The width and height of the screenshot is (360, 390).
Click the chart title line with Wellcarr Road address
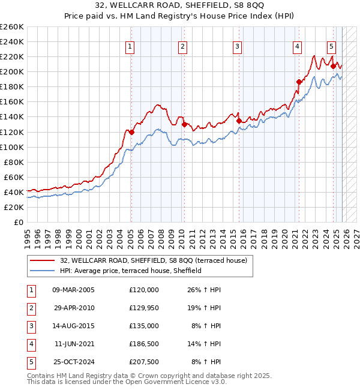tap(179, 7)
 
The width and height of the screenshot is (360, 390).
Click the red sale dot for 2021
tap(298, 82)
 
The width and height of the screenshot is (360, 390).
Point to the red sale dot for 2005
tap(131, 132)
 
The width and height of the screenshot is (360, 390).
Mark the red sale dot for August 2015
tap(239, 121)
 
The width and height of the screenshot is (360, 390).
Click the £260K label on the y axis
tap(12, 27)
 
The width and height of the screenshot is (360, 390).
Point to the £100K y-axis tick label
tap(12, 147)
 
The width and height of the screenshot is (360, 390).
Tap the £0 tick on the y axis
tap(18, 223)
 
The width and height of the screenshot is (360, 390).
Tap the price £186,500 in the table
tap(144, 344)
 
